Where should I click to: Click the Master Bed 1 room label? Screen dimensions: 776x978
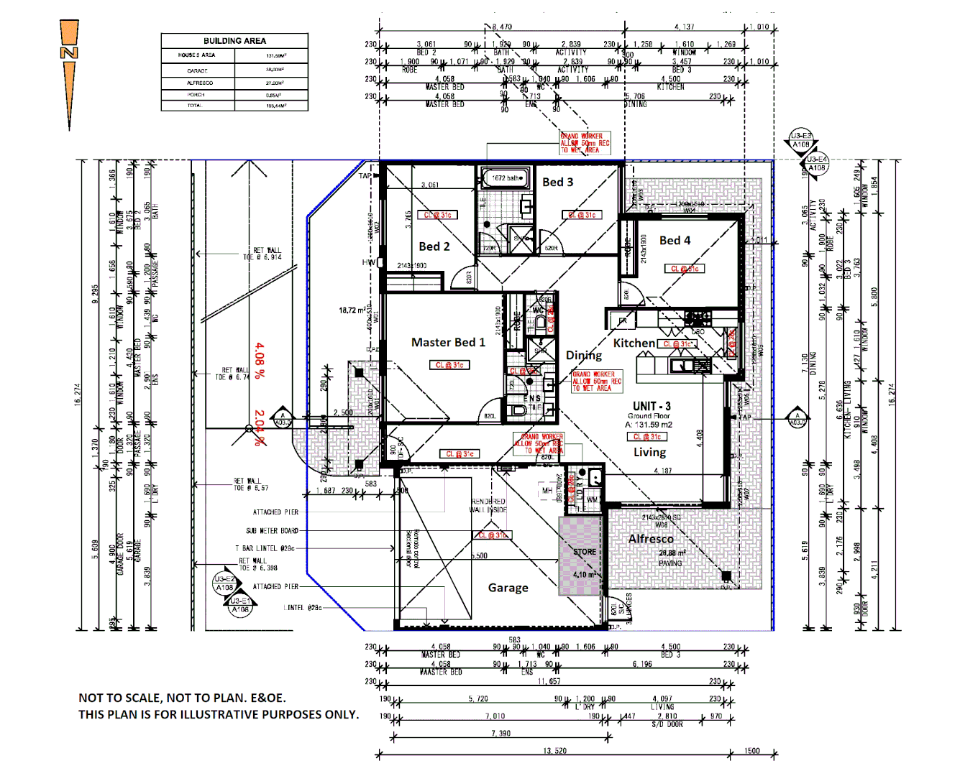[x=448, y=343]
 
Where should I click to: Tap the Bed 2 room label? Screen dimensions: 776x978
[x=434, y=246]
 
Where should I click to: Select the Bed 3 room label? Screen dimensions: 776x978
[x=557, y=183]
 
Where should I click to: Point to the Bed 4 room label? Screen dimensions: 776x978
[x=675, y=241]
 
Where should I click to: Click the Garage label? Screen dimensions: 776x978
[x=508, y=588]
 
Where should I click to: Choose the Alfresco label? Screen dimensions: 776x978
[x=651, y=539]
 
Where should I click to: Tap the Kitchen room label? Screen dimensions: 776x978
[x=634, y=343]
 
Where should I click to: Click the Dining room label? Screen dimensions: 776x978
[x=583, y=356]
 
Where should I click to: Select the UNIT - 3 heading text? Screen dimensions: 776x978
[x=652, y=407]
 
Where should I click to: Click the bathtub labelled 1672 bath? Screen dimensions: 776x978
[x=506, y=178]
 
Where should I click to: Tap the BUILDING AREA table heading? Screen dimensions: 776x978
[x=234, y=41]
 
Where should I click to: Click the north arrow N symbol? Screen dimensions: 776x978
[x=69, y=53]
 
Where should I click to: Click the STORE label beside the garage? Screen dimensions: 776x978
[x=584, y=552]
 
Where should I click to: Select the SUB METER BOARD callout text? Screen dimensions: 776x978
[x=272, y=531]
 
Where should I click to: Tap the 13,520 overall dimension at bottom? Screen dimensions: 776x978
[x=554, y=751]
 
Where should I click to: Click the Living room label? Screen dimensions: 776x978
[x=649, y=453]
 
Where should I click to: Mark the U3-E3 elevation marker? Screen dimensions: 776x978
[x=801, y=136]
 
